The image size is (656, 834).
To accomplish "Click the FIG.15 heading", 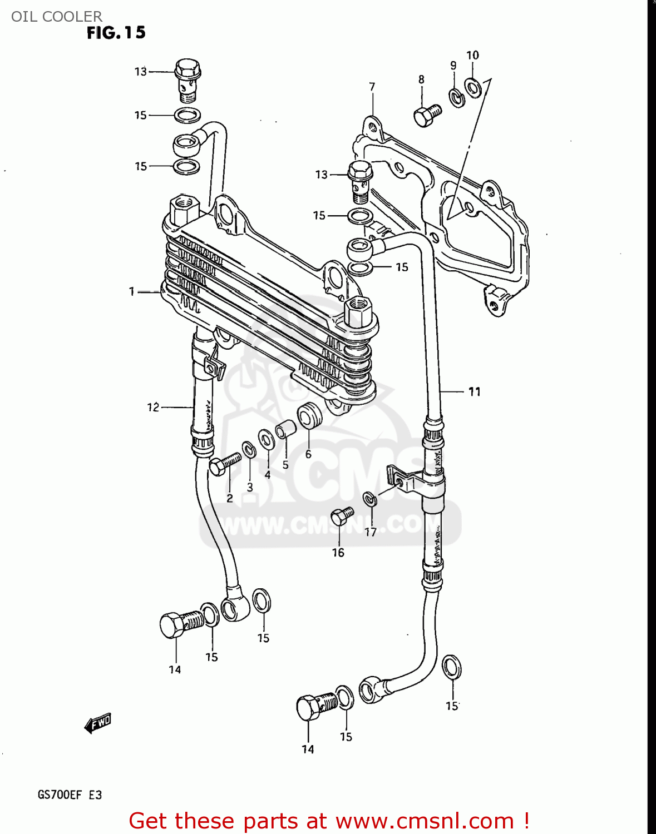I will point(116,33).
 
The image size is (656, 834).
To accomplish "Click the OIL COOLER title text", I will point(57,16).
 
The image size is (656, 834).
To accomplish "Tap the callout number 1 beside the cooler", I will point(132,291).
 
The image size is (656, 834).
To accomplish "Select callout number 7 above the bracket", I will point(372,87).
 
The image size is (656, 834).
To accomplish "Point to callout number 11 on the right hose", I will point(474,392).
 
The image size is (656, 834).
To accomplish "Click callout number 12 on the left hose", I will point(153,408).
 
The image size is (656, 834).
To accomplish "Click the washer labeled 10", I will point(473,87).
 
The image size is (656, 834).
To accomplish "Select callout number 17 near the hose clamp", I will point(371,532).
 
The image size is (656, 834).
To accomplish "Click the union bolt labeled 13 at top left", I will point(188,80).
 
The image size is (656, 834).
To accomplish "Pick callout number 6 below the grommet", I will point(308,454).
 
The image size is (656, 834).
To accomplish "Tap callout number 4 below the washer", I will point(268,475).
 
